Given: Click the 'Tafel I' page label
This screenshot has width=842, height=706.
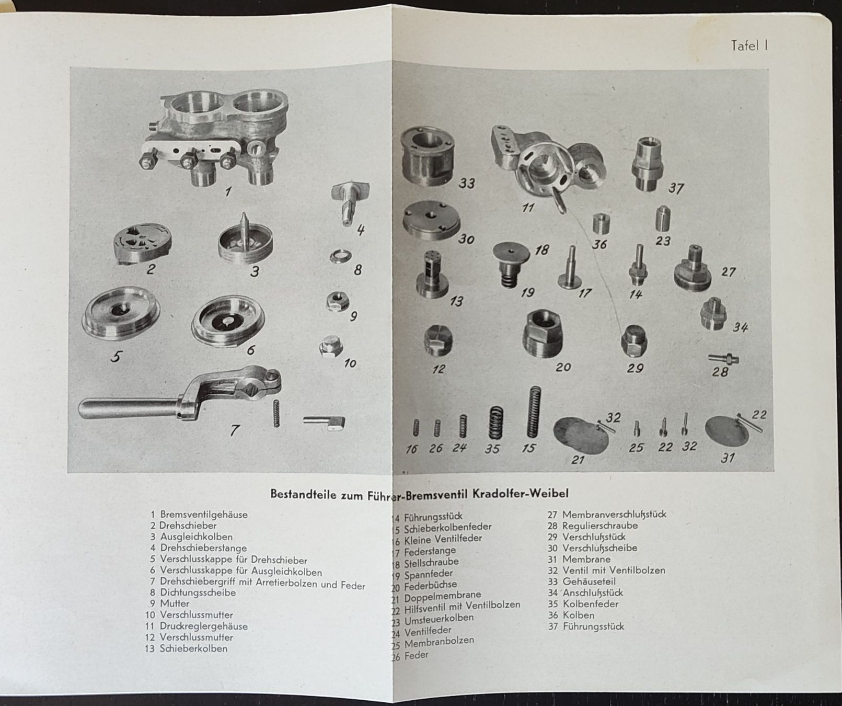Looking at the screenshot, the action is [749, 45].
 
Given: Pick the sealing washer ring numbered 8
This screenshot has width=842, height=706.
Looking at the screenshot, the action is [340, 256].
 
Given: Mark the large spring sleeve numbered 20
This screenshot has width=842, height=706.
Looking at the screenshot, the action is [544, 333].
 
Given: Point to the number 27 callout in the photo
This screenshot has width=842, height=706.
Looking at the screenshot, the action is [728, 272].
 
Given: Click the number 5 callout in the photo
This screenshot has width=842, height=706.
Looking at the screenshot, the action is [116, 356].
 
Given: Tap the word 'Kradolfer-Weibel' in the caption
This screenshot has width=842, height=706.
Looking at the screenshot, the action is [526, 494].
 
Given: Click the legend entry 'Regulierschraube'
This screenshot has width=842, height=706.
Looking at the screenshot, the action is [600, 526].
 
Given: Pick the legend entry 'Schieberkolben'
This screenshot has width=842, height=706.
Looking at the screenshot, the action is [193, 648].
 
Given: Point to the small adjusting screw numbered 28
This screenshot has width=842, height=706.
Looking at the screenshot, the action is [723, 359].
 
